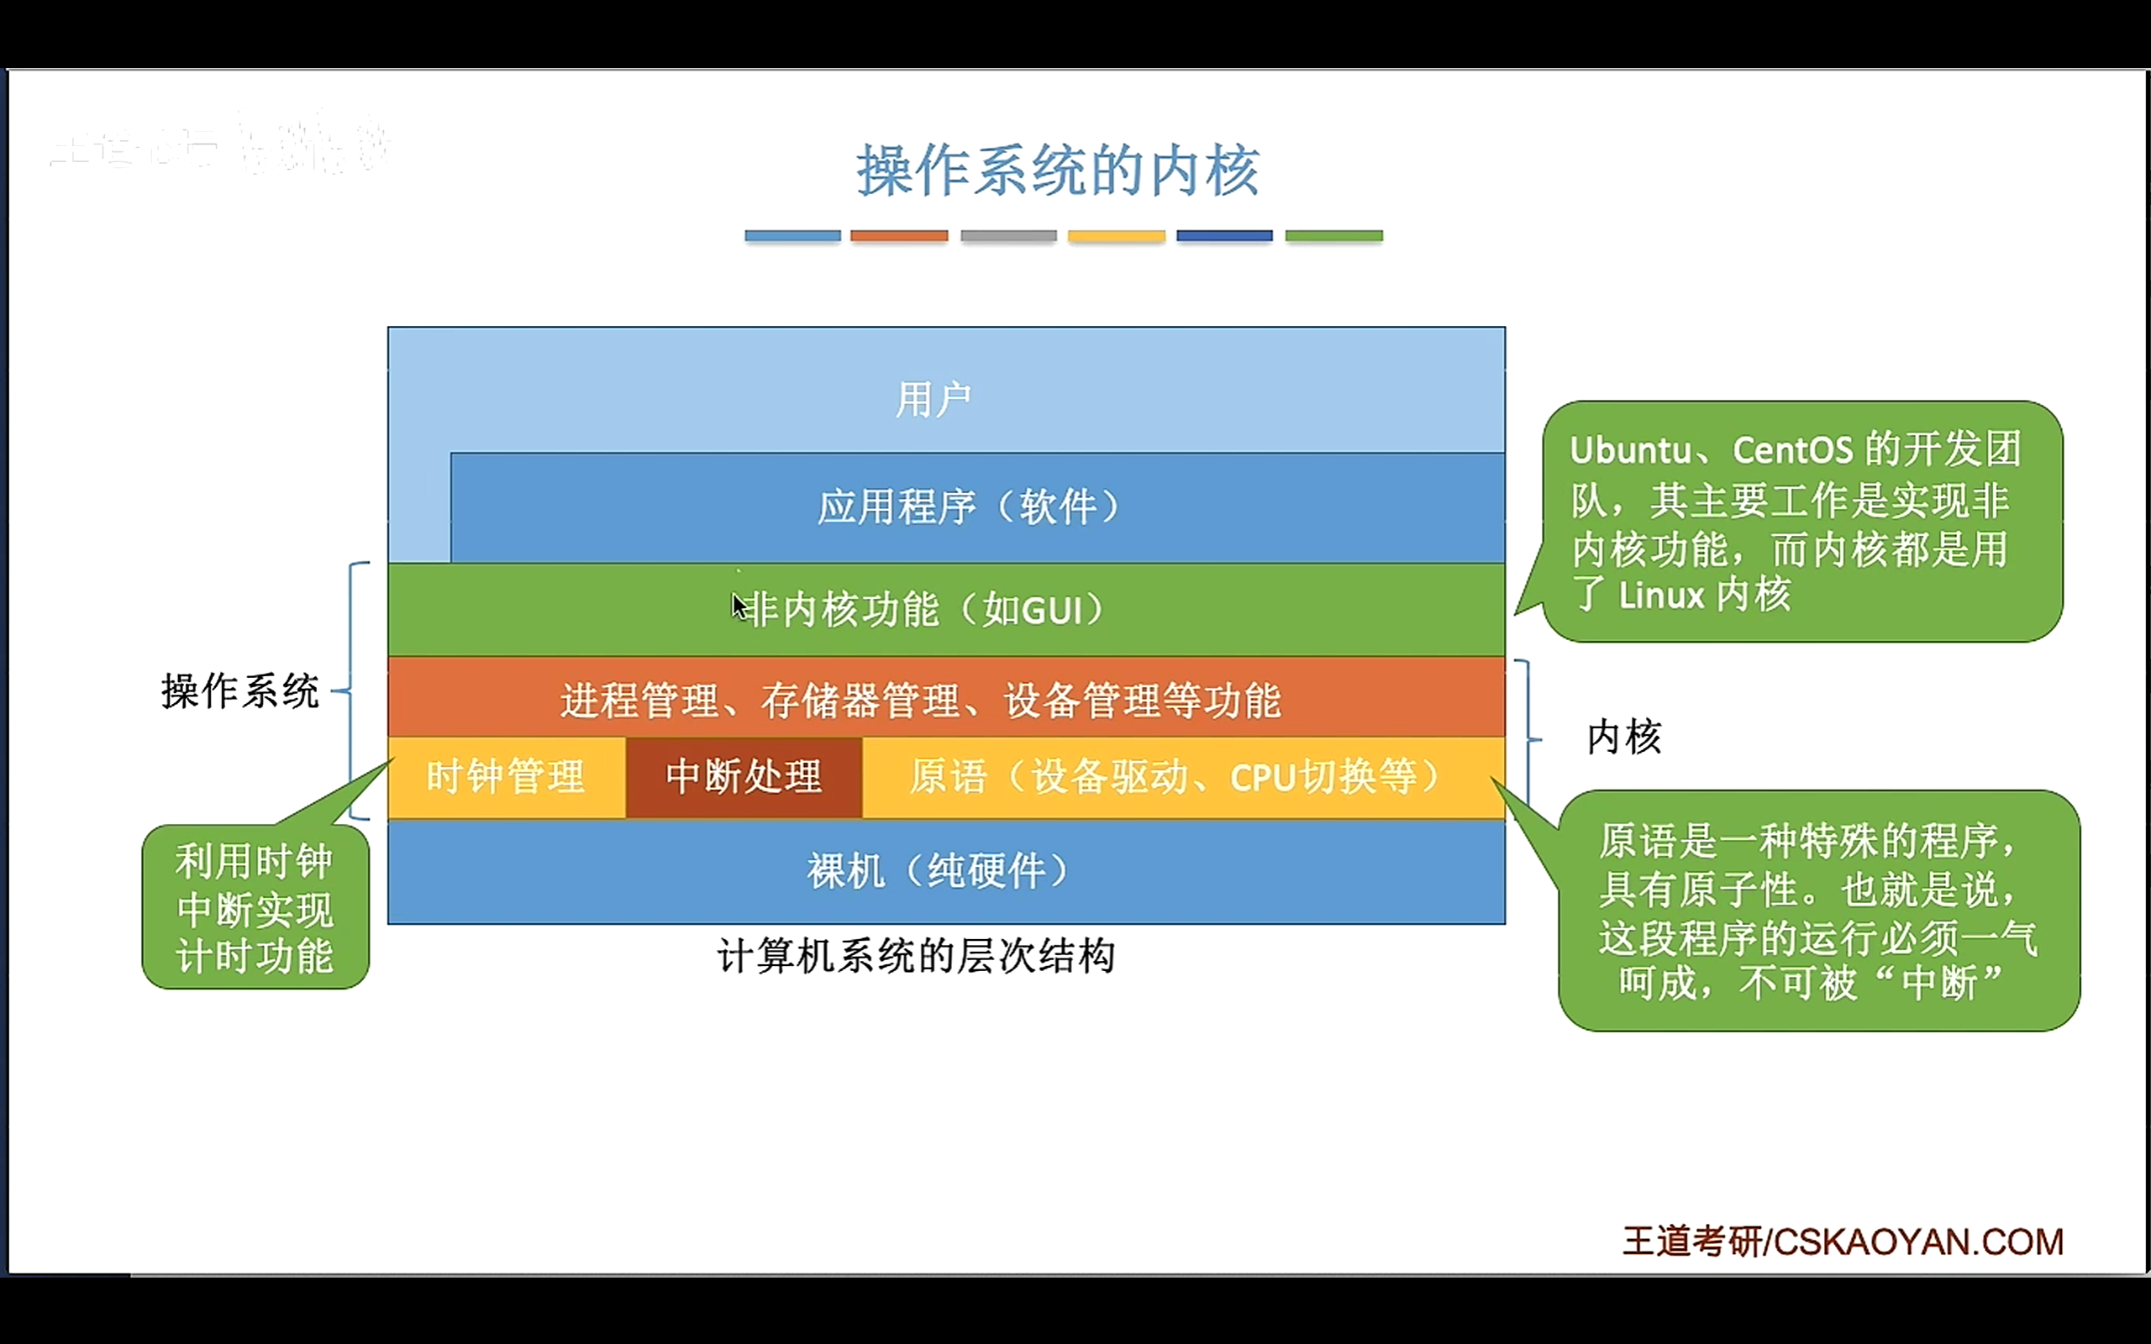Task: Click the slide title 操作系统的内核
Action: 1058,171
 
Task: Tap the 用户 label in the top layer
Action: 933,399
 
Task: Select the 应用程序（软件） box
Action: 969,507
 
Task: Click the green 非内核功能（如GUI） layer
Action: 924,611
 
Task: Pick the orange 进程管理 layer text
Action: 921,701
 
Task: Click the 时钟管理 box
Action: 506,777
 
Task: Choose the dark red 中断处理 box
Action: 744,777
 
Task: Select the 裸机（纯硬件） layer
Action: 939,871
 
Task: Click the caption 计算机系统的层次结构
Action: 916,957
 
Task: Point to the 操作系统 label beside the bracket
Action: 240,691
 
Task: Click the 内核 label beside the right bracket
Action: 1624,738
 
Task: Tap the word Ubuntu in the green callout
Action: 1630,451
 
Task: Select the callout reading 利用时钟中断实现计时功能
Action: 255,907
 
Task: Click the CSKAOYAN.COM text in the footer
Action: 1918,1242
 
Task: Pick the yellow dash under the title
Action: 1117,236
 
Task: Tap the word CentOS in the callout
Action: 1792,451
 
